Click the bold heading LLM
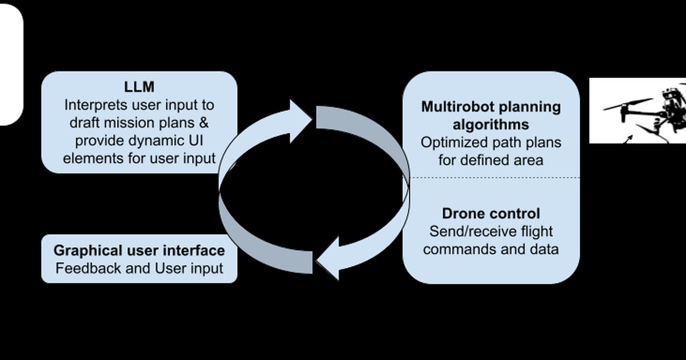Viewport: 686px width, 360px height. [139, 87]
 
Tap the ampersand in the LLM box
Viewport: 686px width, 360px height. [204, 123]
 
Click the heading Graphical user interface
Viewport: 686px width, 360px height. [139, 250]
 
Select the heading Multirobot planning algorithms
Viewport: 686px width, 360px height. [491, 116]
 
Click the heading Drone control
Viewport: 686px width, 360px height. [491, 213]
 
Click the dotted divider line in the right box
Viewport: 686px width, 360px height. [491, 177]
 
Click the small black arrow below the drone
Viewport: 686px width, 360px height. [628, 139]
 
